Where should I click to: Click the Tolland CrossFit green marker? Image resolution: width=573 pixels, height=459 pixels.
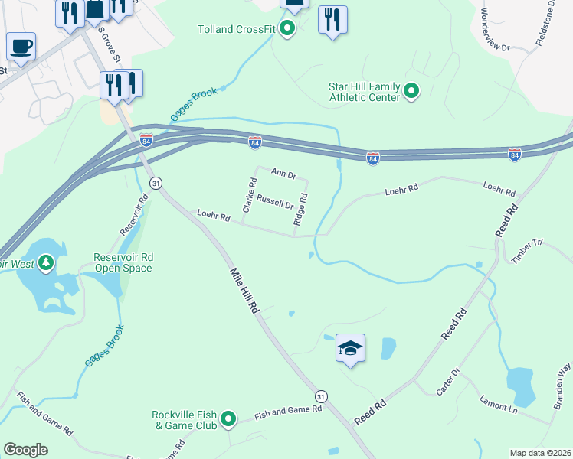pyautogui.click(x=287, y=30)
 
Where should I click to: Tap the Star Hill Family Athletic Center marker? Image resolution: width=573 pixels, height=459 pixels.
pyautogui.click(x=411, y=93)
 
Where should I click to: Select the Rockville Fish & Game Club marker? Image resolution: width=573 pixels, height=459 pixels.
pyautogui.click(x=228, y=419)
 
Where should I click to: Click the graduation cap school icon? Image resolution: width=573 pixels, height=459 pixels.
pyautogui.click(x=350, y=348)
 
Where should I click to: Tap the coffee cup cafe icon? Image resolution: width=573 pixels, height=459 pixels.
pyautogui.click(x=21, y=45)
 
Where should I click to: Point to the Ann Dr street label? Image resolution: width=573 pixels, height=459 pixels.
pyautogui.click(x=283, y=174)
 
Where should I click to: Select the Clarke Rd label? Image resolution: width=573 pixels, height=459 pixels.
pyautogui.click(x=249, y=195)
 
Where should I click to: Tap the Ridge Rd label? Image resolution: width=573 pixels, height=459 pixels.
pyautogui.click(x=300, y=209)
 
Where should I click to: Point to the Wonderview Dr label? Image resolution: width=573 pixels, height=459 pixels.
pyautogui.click(x=494, y=31)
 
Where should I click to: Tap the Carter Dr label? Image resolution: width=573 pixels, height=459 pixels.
pyautogui.click(x=447, y=382)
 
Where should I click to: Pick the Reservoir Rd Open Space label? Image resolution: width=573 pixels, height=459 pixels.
pyautogui.click(x=123, y=262)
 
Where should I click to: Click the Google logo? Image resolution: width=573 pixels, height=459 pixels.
pyautogui.click(x=25, y=450)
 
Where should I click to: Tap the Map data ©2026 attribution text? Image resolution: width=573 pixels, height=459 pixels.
pyautogui.click(x=540, y=453)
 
